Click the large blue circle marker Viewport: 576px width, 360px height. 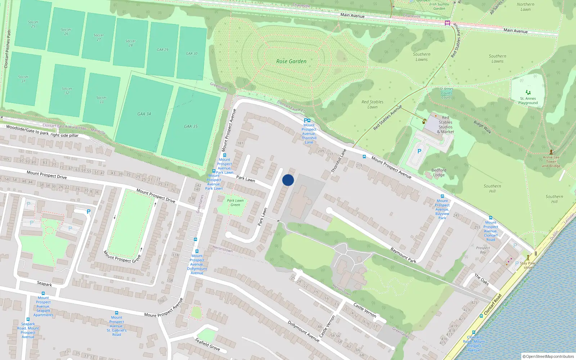288,180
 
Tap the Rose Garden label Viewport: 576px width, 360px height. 291,62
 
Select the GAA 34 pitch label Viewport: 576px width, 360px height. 144,114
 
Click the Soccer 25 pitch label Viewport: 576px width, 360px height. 33,24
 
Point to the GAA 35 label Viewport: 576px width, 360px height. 191,127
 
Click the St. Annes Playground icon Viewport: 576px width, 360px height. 528,93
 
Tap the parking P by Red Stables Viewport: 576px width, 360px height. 419,152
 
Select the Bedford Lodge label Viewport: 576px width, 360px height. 438,172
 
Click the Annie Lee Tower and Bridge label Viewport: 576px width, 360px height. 551,162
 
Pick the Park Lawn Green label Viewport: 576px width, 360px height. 235,203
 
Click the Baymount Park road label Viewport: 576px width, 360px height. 403,255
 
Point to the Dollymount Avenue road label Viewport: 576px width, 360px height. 303,331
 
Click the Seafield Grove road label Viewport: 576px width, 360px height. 207,344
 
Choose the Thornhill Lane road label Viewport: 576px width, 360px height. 338,161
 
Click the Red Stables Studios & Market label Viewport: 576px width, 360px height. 445,125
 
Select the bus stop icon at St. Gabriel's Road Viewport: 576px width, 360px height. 116,313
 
